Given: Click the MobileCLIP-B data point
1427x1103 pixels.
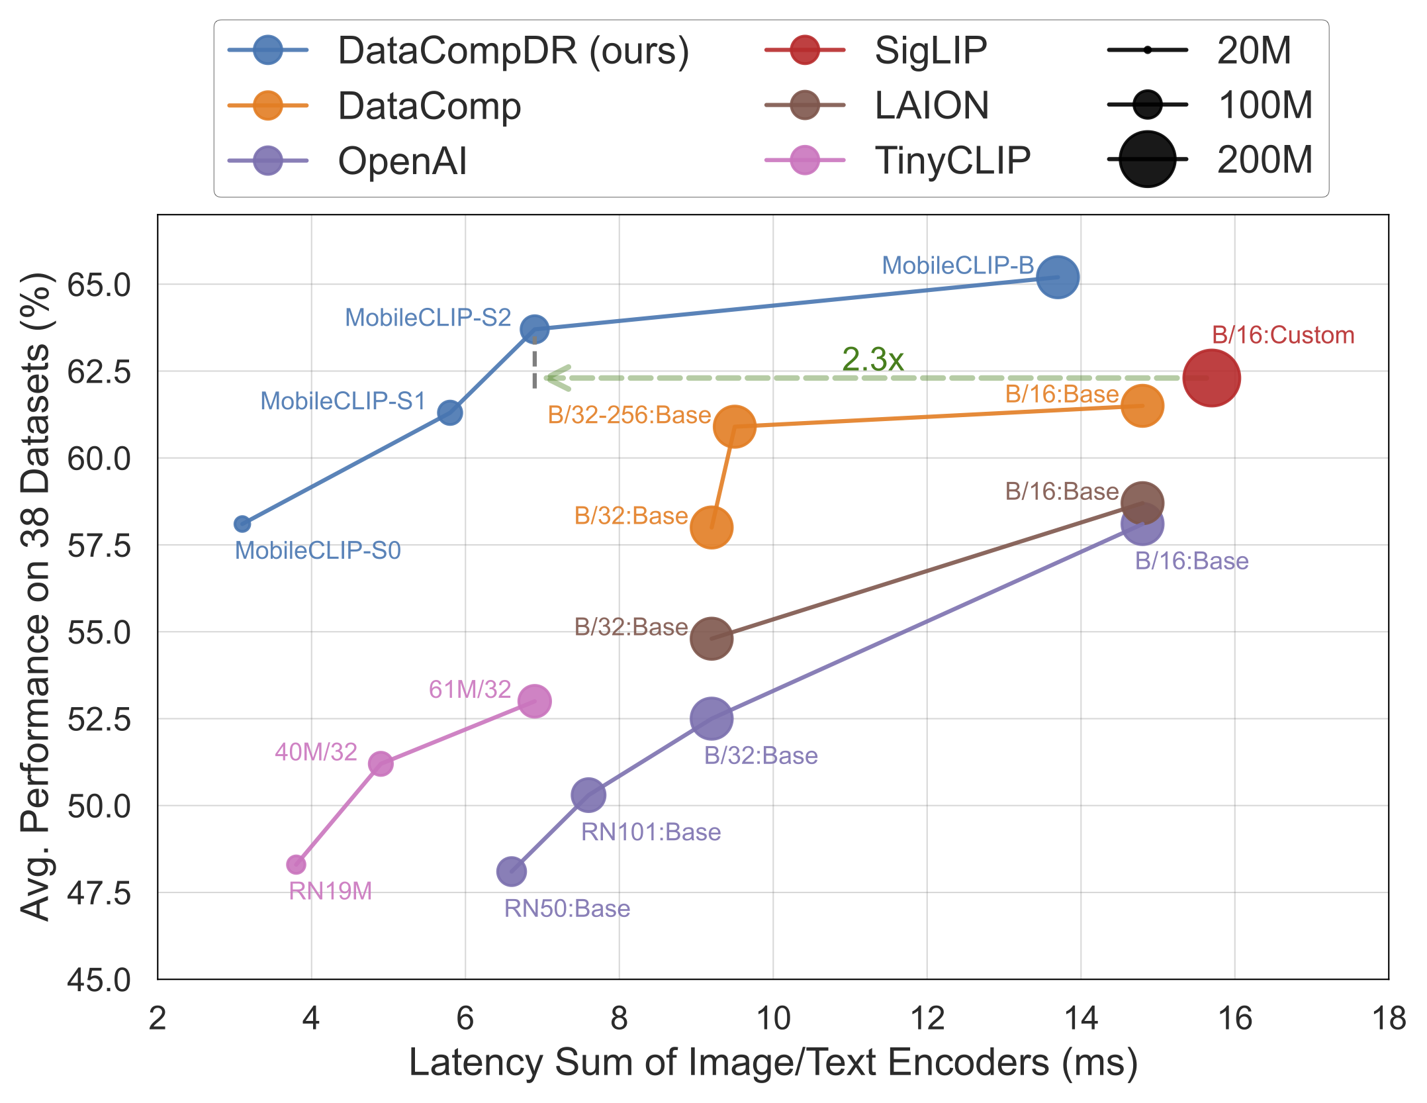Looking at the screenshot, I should click(x=1057, y=277).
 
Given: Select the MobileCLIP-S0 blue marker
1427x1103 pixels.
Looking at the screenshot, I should click(x=242, y=524).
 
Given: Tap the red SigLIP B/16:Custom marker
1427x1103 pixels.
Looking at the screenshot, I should click(x=1211, y=378).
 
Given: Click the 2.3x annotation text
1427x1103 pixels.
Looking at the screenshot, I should click(x=872, y=360).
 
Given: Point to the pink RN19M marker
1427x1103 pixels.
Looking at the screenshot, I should click(x=296, y=864).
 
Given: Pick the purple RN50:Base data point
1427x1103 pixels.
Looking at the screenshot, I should click(x=511, y=871).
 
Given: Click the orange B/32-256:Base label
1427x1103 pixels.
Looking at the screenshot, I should click(x=629, y=415).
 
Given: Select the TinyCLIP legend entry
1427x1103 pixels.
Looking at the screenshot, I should click(x=952, y=160).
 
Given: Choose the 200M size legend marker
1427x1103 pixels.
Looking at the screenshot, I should click(x=1147, y=160).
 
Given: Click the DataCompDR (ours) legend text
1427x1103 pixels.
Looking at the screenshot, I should click(x=513, y=50).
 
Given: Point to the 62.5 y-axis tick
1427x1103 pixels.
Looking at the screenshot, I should click(x=99, y=372).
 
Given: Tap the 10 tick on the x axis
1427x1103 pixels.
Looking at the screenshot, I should click(x=772, y=1018).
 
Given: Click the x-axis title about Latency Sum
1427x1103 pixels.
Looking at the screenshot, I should click(x=772, y=1063).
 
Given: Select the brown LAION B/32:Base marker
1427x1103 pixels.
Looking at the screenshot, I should click(x=711, y=638).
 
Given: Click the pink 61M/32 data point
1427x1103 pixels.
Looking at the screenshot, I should click(x=534, y=701).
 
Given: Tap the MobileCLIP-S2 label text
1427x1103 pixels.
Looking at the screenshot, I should click(x=428, y=318).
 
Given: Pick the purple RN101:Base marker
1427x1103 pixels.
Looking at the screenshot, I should click(x=588, y=794).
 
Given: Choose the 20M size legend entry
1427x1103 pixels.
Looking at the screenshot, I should click(x=1254, y=50).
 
